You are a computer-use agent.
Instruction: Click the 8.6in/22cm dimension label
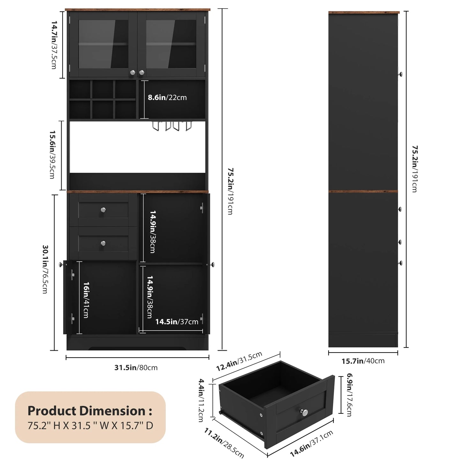click(167, 98)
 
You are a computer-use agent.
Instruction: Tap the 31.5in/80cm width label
click(136, 368)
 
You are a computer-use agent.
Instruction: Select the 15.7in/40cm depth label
click(363, 361)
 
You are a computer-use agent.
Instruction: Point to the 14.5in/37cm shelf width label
click(177, 322)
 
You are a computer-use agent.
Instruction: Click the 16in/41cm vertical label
click(86, 300)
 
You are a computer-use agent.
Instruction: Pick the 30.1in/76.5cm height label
click(45, 269)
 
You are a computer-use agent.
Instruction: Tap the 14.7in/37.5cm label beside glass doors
click(54, 45)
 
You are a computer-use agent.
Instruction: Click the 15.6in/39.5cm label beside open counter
click(52, 154)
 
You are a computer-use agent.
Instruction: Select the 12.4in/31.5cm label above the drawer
click(239, 361)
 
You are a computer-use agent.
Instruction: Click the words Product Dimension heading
click(90, 411)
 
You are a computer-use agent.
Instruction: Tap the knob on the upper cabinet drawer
click(103, 210)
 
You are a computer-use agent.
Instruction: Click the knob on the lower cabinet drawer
click(103, 243)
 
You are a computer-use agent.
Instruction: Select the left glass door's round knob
click(132, 72)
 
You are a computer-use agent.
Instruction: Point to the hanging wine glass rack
click(172, 126)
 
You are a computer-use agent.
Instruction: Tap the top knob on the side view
click(400, 74)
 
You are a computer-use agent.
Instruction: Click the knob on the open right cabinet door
click(212, 264)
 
